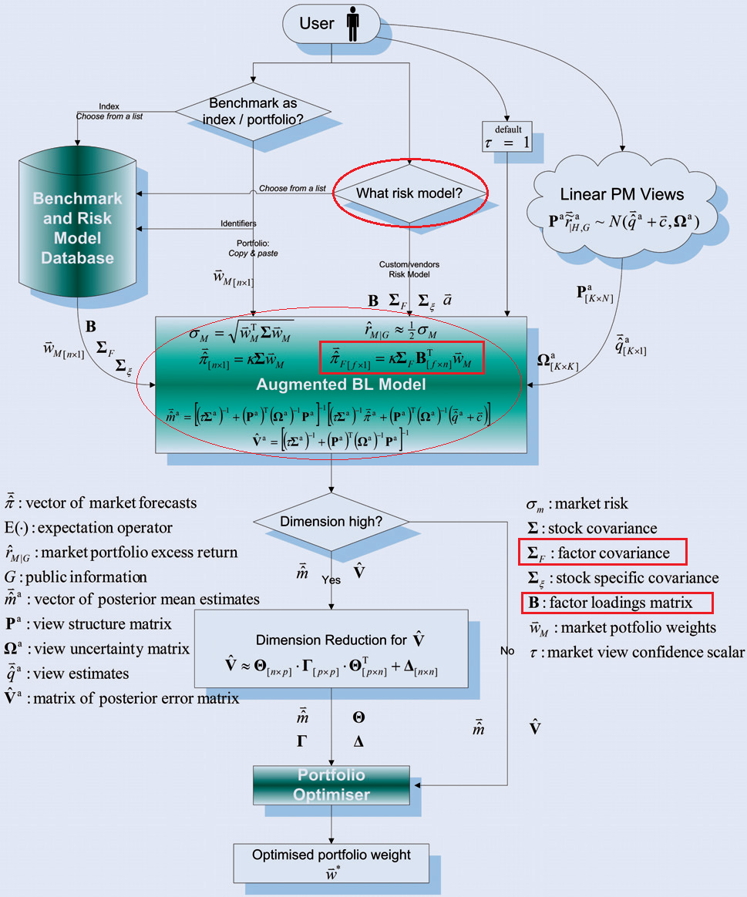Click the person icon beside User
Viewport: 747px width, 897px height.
[353, 24]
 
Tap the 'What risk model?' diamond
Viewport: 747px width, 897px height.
[409, 193]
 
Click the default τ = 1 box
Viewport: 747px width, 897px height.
[506, 136]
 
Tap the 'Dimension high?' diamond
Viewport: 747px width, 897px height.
[331, 522]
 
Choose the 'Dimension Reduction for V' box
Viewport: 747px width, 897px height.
[331, 648]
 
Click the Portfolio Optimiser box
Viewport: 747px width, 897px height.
[331, 784]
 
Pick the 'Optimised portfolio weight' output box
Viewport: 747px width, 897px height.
[331, 862]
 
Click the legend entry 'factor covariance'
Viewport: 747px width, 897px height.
[602, 553]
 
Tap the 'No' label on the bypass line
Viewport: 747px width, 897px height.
[506, 651]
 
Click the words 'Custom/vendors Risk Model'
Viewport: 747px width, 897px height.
[409, 269]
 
